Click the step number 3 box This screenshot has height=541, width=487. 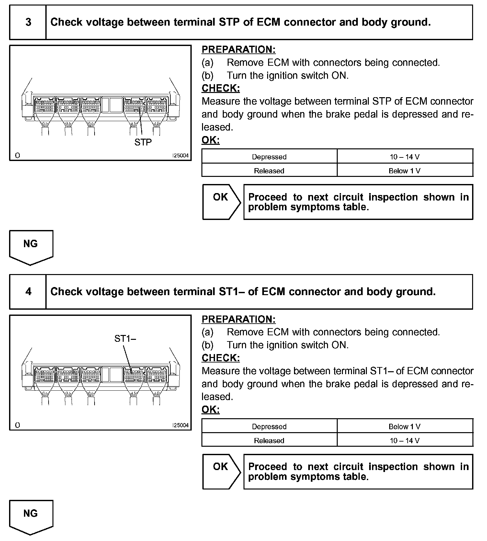(x=28, y=22)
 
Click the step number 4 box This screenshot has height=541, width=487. (x=28, y=292)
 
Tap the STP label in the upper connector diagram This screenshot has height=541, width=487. (x=143, y=142)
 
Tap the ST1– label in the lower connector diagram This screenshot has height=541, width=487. (x=125, y=339)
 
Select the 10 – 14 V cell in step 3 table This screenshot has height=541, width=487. (x=404, y=157)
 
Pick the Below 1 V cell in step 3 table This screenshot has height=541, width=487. (x=404, y=171)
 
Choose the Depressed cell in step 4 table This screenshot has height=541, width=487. (x=269, y=426)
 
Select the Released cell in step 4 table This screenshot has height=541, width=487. (x=269, y=441)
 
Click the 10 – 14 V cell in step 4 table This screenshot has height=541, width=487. (x=404, y=441)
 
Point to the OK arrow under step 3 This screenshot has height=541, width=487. (x=221, y=201)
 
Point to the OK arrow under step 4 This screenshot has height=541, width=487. (x=221, y=471)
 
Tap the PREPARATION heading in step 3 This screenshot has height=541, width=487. (x=238, y=50)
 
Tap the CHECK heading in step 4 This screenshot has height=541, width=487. (x=221, y=358)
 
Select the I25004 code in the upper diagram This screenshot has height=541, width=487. (x=180, y=155)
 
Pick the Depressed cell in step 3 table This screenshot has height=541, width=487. (x=269, y=157)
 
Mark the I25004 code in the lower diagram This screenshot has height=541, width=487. (x=180, y=425)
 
